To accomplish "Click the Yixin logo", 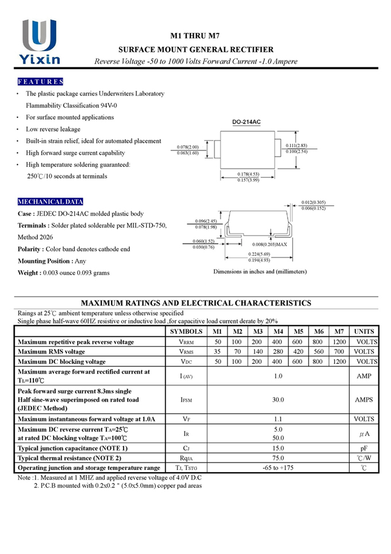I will point(39,41).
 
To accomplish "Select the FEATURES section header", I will point(40,82).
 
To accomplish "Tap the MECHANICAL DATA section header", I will point(51,202).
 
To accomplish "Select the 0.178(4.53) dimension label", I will point(249,174).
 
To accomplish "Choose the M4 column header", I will point(278,332).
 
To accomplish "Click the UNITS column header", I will point(364,332).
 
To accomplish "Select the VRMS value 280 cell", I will point(278,351).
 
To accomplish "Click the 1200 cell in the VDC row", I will point(339,361).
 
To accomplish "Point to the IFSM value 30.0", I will point(278,399).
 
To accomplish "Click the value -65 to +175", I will point(278,468).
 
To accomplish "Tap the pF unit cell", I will point(364,447).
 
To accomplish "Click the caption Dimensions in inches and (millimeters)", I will point(260,271).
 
